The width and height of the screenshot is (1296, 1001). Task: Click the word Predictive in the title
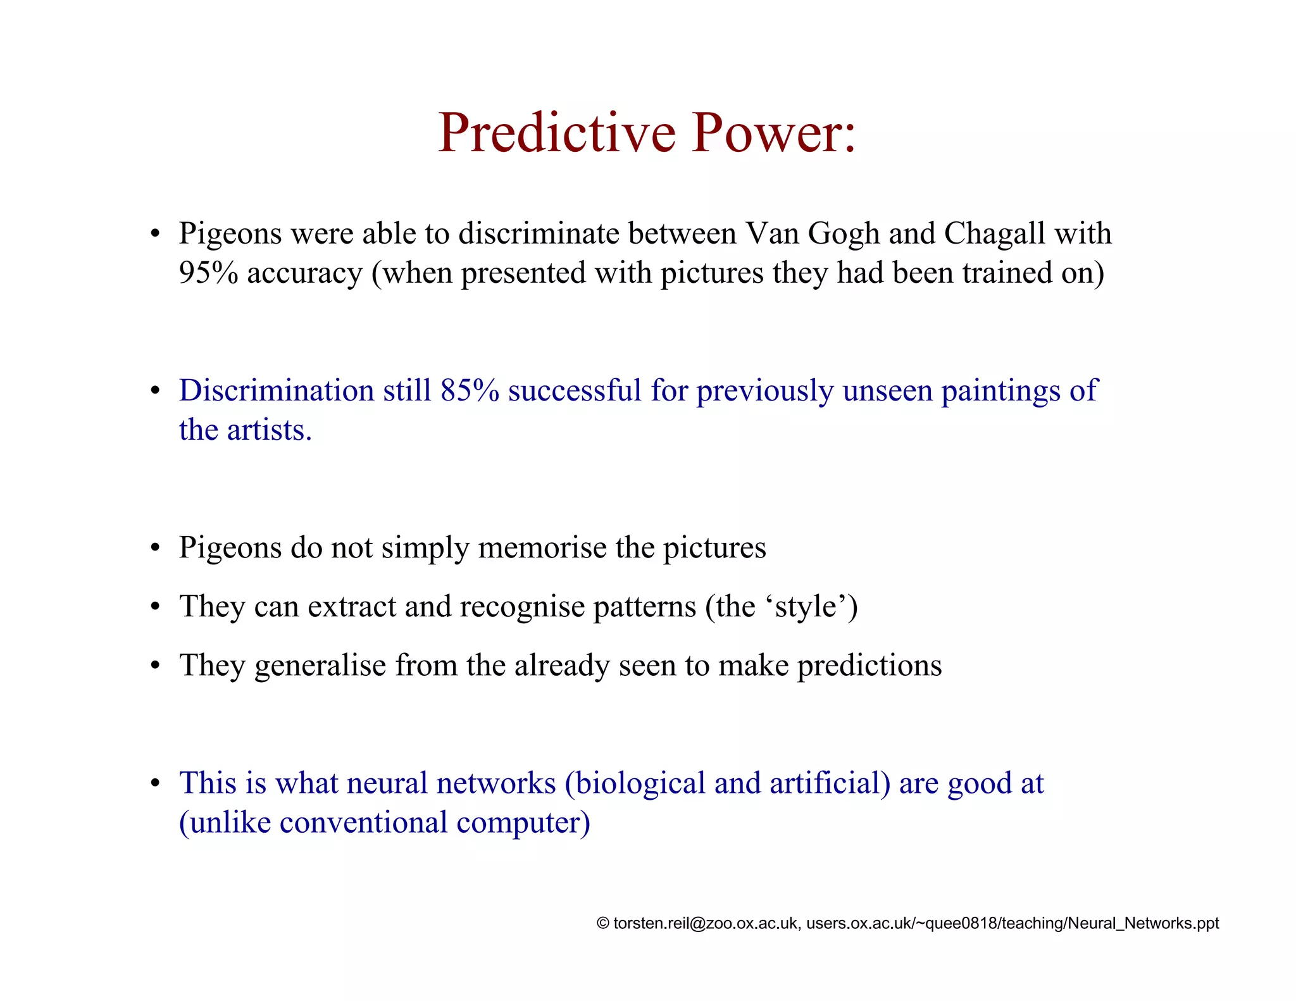[557, 133]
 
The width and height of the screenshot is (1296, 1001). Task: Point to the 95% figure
[208, 273]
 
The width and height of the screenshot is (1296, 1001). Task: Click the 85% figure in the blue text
[470, 390]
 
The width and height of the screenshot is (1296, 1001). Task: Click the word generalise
[320, 666]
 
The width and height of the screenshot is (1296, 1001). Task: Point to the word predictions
[869, 666]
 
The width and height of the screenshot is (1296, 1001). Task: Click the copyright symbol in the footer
[603, 924]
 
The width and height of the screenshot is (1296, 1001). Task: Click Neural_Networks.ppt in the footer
[1143, 924]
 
